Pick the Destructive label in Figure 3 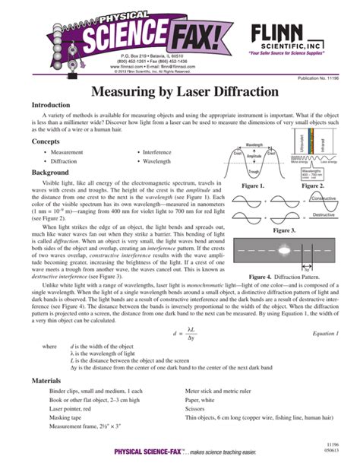pos(324,215)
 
